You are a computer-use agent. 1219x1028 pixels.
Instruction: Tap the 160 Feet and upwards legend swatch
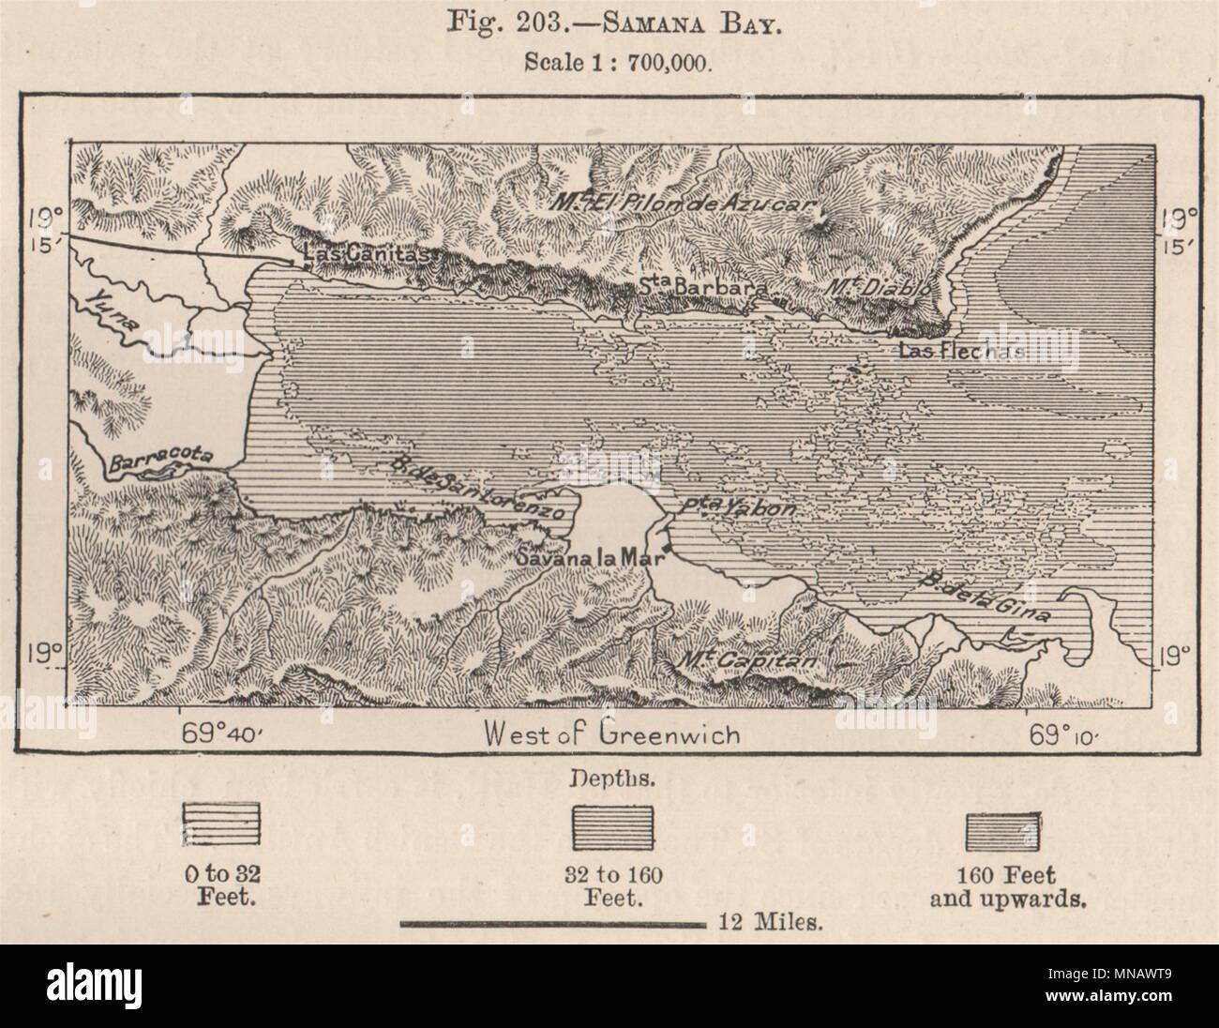click(1002, 829)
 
